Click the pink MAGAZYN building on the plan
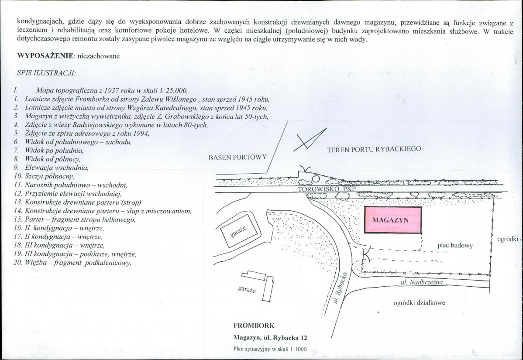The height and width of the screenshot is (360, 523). (x=392, y=220)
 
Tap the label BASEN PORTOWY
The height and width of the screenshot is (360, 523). (x=237, y=157)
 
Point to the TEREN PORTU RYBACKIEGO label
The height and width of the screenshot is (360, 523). (x=374, y=149)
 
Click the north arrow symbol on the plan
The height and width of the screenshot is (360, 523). (x=310, y=140)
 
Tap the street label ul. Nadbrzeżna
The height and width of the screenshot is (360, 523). (x=421, y=282)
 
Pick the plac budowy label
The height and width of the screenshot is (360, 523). (x=455, y=245)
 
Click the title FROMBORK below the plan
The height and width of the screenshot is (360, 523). (x=254, y=326)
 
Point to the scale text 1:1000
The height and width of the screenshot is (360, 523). (x=297, y=349)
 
